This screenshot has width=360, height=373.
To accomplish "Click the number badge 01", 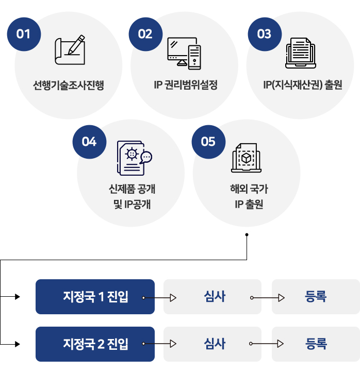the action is (x=24, y=34).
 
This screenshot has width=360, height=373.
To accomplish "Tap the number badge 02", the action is (x=145, y=34).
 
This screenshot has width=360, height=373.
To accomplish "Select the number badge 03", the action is (x=265, y=34).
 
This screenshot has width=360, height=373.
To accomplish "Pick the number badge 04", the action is (x=89, y=142).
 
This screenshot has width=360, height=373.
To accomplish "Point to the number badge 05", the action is (x=208, y=142).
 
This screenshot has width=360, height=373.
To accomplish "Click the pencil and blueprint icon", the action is (x=70, y=50).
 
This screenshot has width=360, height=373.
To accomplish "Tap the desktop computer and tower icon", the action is (x=184, y=54).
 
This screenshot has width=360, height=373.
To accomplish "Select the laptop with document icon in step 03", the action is (x=301, y=53).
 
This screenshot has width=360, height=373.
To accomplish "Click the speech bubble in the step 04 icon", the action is (x=146, y=157).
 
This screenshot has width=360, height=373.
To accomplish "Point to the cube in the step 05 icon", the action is (x=246, y=158).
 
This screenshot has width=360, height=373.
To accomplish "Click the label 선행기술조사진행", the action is (x=69, y=85).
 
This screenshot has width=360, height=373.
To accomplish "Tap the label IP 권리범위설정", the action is (x=186, y=85).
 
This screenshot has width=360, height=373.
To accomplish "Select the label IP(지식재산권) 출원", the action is (x=303, y=85).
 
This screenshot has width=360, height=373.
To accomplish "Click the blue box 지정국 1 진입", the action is (x=95, y=297).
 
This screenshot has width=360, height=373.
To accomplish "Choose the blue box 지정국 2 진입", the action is (x=95, y=344).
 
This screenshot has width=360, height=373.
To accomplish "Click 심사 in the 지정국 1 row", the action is (x=215, y=297).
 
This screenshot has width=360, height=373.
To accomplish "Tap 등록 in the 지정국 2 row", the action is (x=316, y=344).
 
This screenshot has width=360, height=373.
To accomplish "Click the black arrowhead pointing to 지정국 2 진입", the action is (x=18, y=344).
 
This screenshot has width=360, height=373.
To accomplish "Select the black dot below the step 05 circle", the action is (x=247, y=235).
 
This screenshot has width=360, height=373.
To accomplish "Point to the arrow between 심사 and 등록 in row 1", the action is (x=267, y=298).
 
